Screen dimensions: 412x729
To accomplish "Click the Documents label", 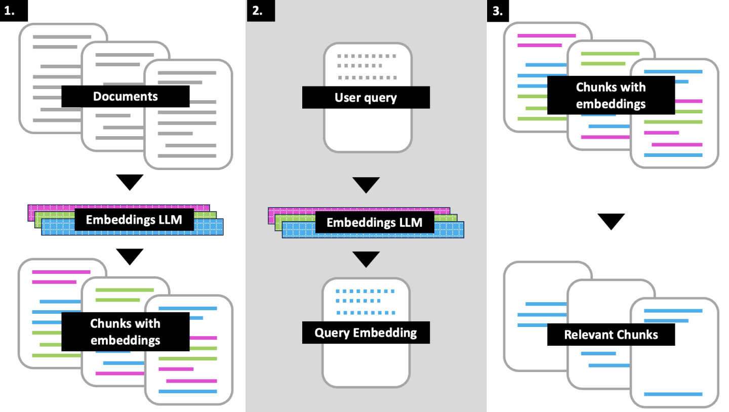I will (x=125, y=96).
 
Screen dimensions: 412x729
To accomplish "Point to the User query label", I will (x=366, y=97).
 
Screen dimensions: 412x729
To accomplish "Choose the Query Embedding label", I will (x=366, y=333).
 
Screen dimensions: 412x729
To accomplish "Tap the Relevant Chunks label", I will (x=611, y=335).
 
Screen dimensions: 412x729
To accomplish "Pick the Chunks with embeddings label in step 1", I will (x=125, y=332).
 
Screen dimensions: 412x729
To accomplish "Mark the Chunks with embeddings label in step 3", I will (x=611, y=95).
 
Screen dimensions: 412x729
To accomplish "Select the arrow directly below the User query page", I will (x=366, y=185).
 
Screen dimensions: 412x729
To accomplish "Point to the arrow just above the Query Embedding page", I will (x=366, y=259).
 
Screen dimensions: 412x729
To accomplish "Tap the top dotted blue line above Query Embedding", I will (x=366, y=291).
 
